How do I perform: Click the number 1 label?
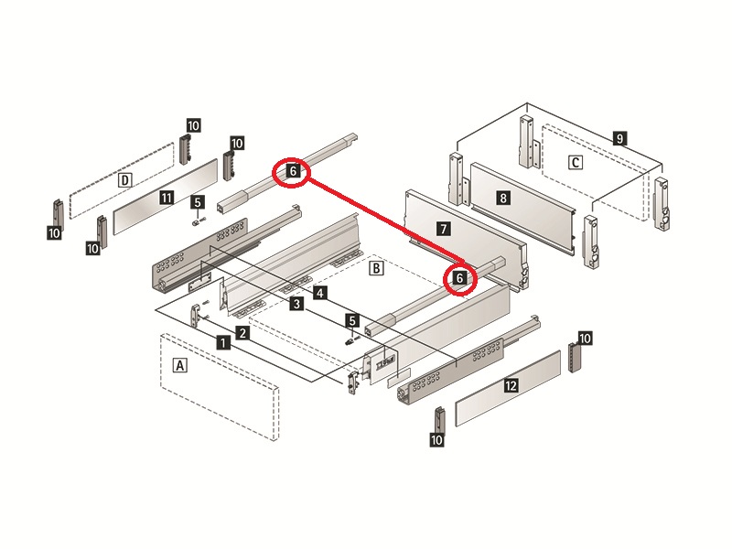coord(222,342)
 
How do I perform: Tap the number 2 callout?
coord(242,332)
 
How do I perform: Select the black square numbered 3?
coord(296,303)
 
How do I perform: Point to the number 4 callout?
coord(318,293)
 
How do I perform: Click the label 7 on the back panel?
coord(442,228)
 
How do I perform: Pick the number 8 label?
coord(502,197)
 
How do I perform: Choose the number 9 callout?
coord(620,139)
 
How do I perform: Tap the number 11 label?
coord(166,197)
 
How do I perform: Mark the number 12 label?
coord(511,386)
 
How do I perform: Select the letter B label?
coord(374,269)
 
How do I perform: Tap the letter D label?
coord(125,180)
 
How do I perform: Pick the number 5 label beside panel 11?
coord(198,201)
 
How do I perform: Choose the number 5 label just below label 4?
coord(351,320)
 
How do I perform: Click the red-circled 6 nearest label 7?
coord(460,276)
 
